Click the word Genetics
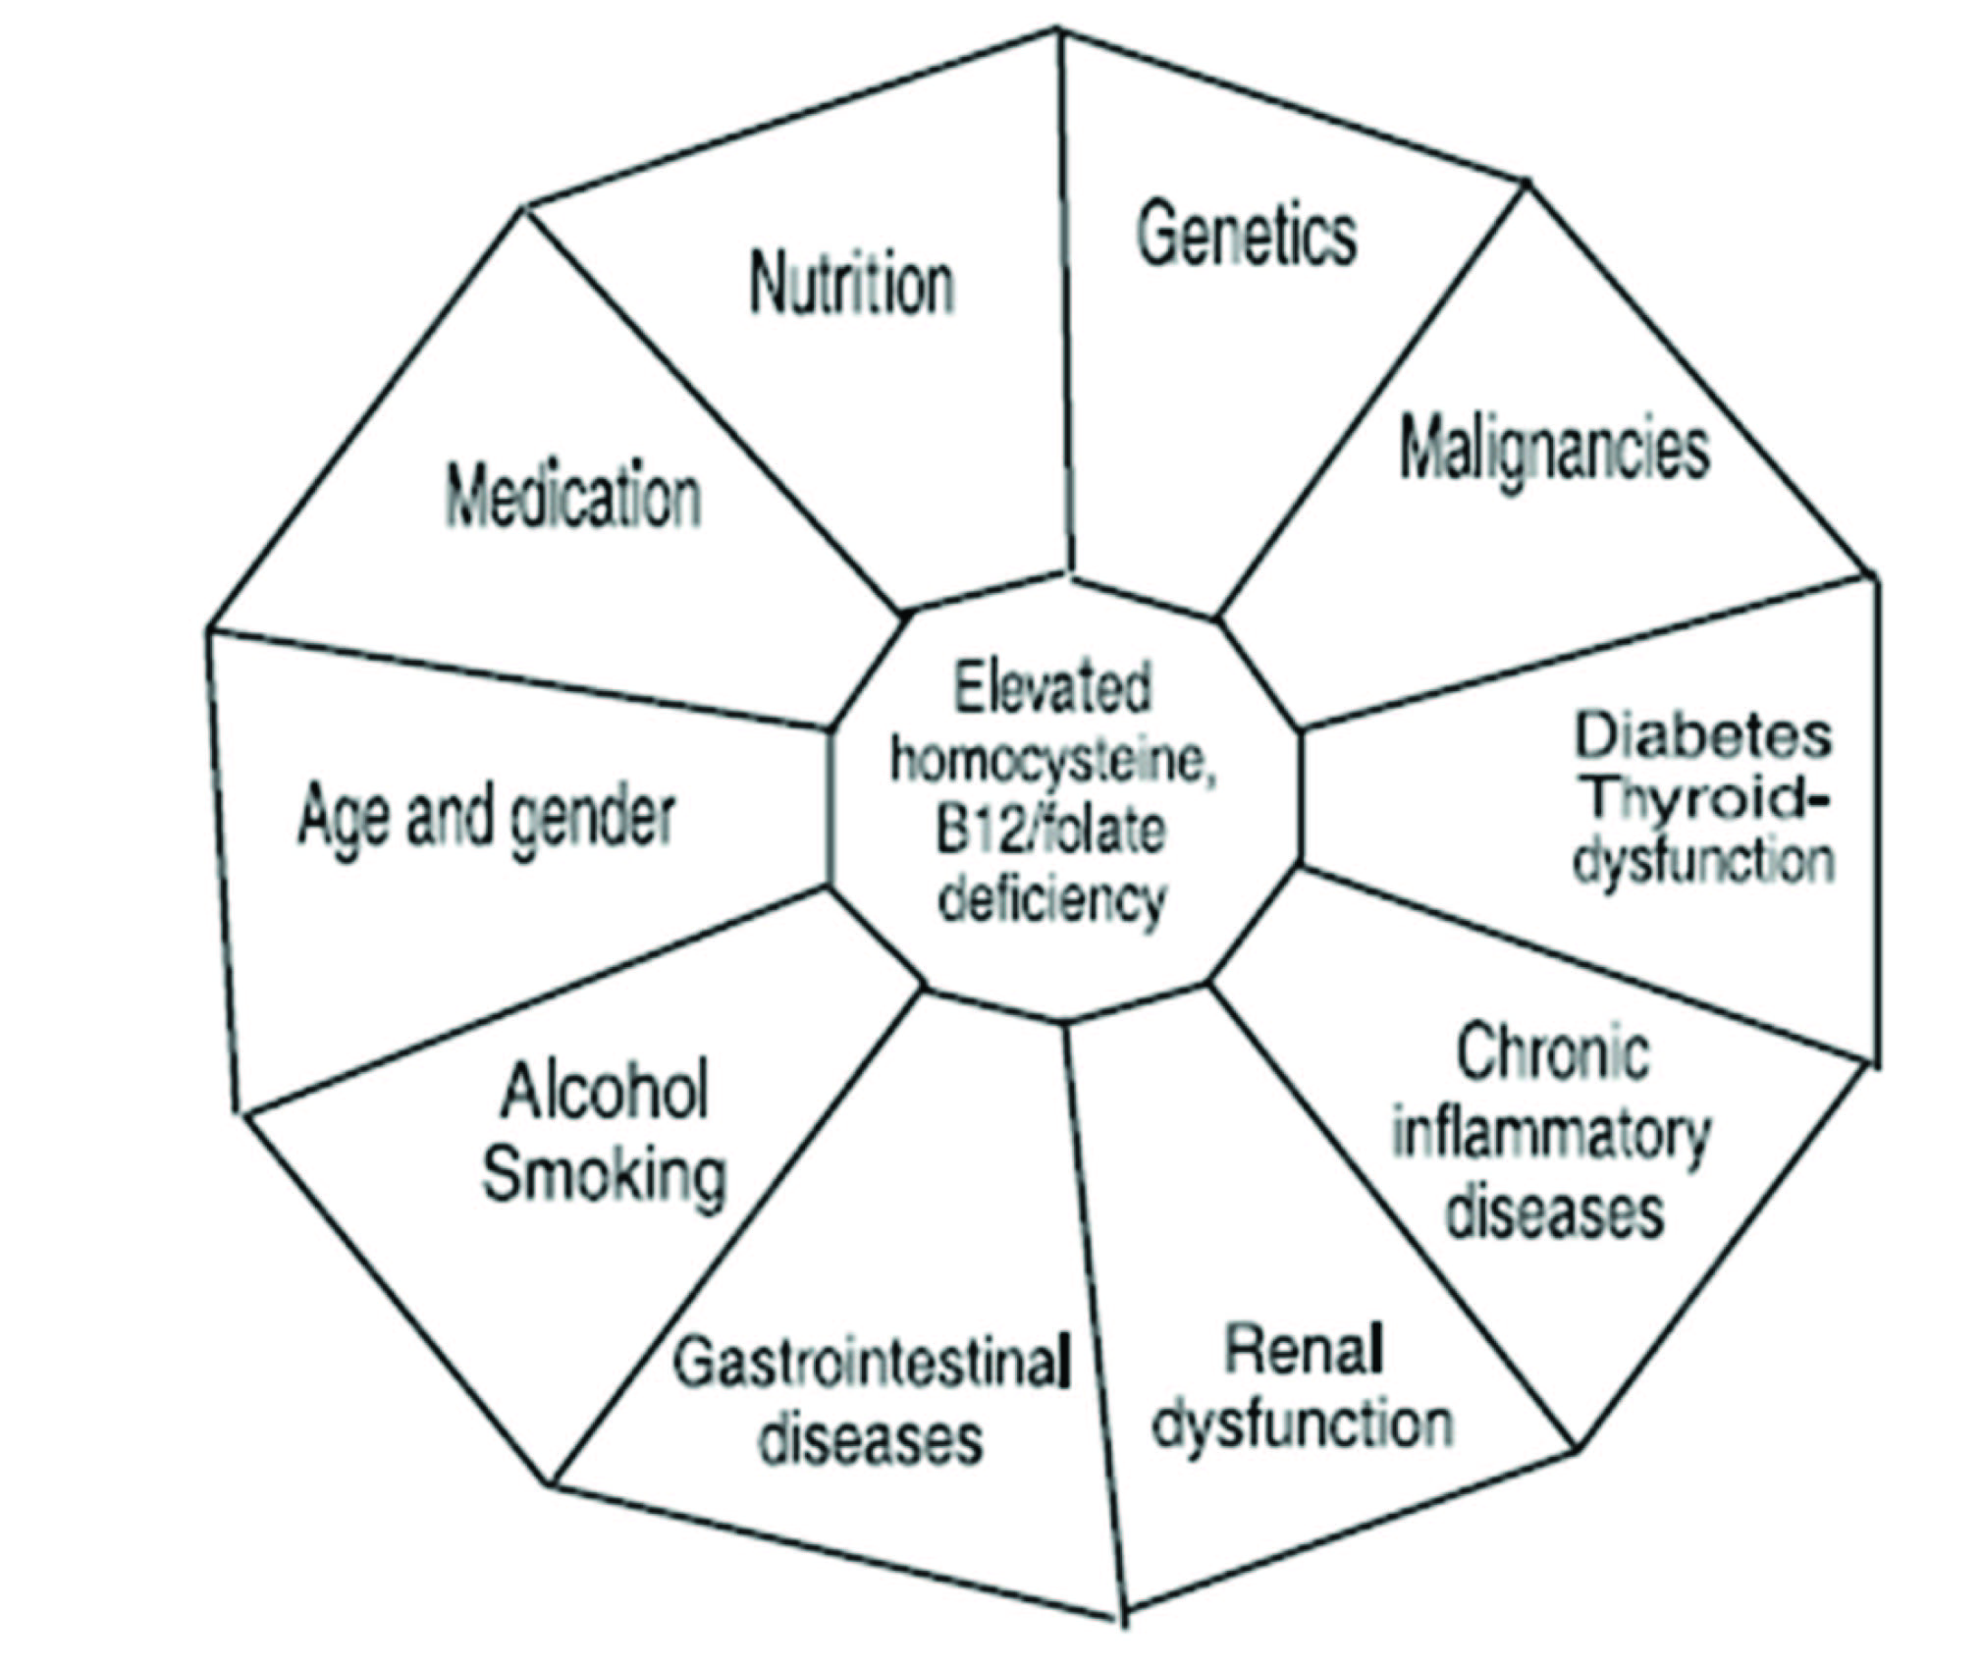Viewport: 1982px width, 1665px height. (x=1246, y=236)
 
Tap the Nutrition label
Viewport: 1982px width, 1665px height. (x=852, y=285)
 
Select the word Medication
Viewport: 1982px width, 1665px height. (x=573, y=496)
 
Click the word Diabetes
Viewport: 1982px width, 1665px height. (x=1703, y=736)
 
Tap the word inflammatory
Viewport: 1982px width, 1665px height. (x=1551, y=1134)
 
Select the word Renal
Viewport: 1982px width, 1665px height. (x=1305, y=1351)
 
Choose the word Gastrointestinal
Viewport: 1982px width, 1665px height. (x=870, y=1363)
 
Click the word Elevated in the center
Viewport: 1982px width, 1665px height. (x=1051, y=687)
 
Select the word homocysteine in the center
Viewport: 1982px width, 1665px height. (x=1052, y=761)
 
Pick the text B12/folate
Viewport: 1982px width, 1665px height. (x=1050, y=830)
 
